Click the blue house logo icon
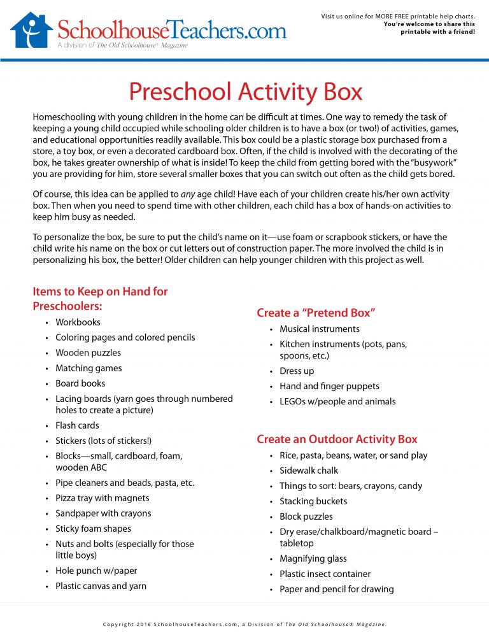31,30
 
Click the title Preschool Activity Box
245,92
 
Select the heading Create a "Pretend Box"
316,313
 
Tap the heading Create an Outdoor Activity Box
337,439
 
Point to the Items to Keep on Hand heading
100,299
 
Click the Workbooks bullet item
78,322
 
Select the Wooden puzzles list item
88,353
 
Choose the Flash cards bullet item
77,425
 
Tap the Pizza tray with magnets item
102,498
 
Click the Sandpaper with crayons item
103,513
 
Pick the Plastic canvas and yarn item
101,586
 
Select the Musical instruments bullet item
320,329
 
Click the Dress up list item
297,371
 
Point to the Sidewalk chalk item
309,471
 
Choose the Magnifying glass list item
313,558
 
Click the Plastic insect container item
325,574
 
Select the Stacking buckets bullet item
313,501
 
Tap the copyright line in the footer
244,624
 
